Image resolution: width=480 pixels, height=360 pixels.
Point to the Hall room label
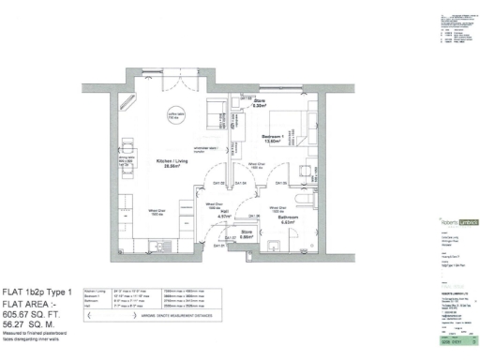[x=215, y=215]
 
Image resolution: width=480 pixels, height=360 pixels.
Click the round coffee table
[x=173, y=116]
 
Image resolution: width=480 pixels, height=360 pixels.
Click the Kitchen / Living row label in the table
[x=94, y=291]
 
